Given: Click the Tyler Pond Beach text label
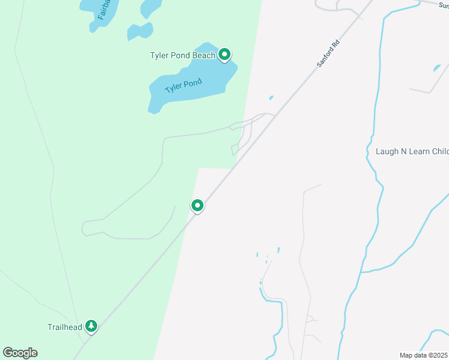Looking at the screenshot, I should pyautogui.click(x=182, y=56).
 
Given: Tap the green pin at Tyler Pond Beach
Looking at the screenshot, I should pyautogui.click(x=224, y=55).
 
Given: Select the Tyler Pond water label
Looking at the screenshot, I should pyautogui.click(x=183, y=86).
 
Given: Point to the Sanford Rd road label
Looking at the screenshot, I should pyautogui.click(x=328, y=53).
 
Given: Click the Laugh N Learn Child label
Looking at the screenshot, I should pyautogui.click(x=412, y=151).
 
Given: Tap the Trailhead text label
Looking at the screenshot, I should pyautogui.click(x=64, y=328).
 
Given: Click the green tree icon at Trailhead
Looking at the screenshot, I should pyautogui.click(x=91, y=326).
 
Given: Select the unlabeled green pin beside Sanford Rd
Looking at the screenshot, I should pyautogui.click(x=197, y=206).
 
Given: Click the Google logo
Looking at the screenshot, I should pyautogui.click(x=20, y=353).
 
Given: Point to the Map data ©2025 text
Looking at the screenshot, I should pyautogui.click(x=424, y=355).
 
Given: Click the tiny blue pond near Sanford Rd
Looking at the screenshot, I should pyautogui.click(x=271, y=98).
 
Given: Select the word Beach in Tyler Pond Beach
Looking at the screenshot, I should pyautogui.click(x=204, y=56).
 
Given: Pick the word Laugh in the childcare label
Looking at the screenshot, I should pyautogui.click(x=388, y=151).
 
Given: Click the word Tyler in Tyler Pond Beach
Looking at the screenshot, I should pyautogui.click(x=160, y=56).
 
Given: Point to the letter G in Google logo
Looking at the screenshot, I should pyautogui.click(x=8, y=352).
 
